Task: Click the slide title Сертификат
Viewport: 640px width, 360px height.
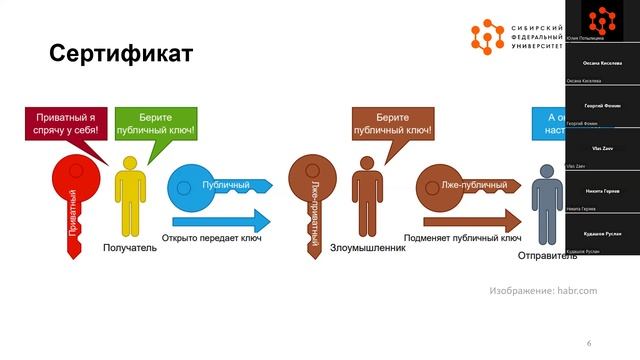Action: [120, 53]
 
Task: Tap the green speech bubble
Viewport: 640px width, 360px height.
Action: [155, 124]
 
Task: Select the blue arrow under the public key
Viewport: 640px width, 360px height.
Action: [222, 221]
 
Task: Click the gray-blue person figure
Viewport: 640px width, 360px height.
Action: [545, 205]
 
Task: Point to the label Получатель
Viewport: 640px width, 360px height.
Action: [130, 247]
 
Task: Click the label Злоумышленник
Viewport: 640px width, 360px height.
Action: [367, 247]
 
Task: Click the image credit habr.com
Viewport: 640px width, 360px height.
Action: [543, 290]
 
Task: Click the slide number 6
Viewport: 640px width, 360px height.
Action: [589, 343]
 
